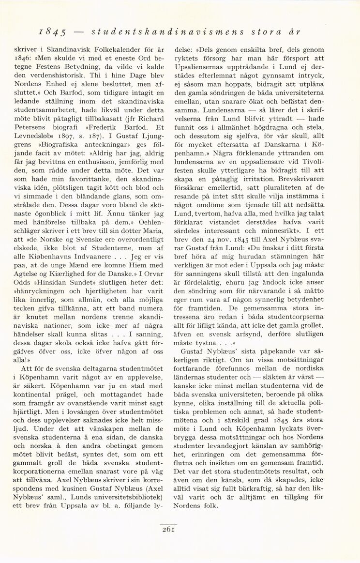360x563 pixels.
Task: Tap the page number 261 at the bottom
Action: pyautogui.click(x=169, y=529)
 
